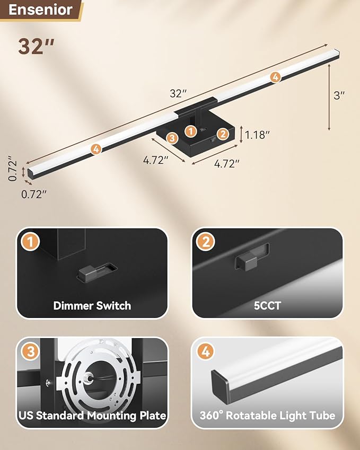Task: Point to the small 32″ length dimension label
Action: click(x=179, y=94)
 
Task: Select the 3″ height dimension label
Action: click(x=339, y=95)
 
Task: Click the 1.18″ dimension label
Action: click(x=258, y=135)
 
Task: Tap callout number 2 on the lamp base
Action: click(x=223, y=135)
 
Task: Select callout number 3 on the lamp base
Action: click(x=171, y=138)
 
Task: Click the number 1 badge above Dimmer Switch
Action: click(x=31, y=242)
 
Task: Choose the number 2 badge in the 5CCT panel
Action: click(x=205, y=242)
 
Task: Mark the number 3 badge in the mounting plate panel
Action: click(x=31, y=352)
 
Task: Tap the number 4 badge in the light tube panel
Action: click(x=205, y=352)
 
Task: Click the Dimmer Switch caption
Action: click(x=92, y=305)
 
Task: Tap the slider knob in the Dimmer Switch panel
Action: click(x=87, y=273)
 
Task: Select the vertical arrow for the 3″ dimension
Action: click(x=330, y=96)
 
